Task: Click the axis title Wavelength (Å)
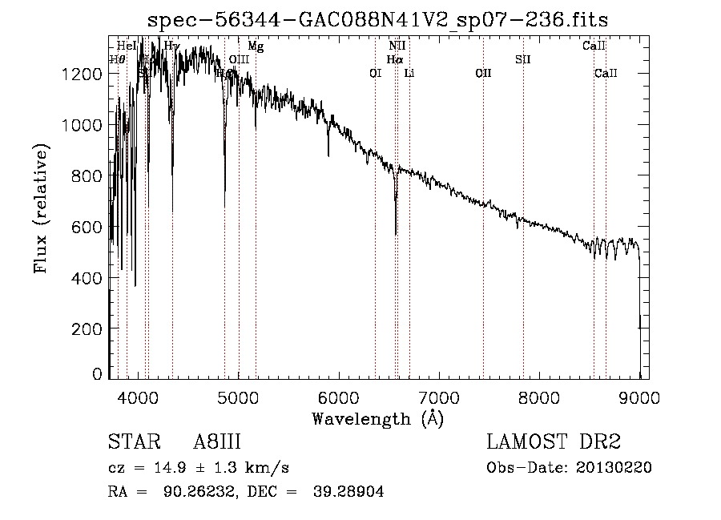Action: click(x=377, y=418)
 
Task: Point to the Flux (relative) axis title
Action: click(x=40, y=208)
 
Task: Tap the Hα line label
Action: click(x=394, y=59)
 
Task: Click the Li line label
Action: click(x=409, y=74)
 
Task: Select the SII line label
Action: click(x=522, y=59)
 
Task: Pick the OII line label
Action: click(x=483, y=74)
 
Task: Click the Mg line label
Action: click(x=255, y=46)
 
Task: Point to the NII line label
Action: click(x=397, y=46)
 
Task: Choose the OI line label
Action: click(x=375, y=74)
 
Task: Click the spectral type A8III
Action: click(x=217, y=442)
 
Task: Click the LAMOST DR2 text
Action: click(x=554, y=442)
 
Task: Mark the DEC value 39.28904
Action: click(x=351, y=492)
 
